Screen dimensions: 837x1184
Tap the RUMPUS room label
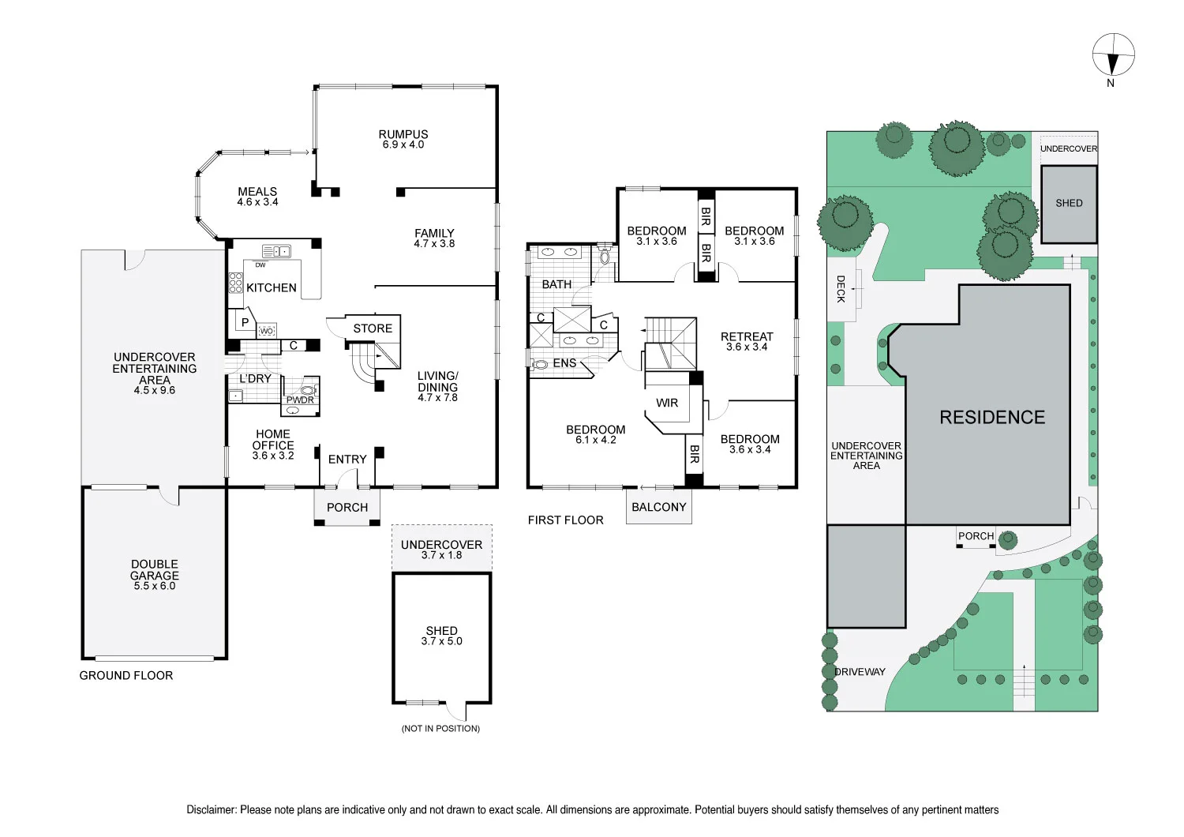403,135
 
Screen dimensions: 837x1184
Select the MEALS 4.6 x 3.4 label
257,197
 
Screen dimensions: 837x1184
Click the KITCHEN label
272,288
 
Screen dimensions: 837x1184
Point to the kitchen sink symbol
276,252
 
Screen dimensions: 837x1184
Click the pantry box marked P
245,322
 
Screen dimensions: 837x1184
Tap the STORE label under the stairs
373,328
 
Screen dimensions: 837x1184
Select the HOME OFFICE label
273,440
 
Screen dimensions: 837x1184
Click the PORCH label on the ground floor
347,508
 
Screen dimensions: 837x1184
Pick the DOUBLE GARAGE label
155,570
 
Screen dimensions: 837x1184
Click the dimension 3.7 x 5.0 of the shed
442,642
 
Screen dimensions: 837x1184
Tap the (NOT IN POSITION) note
440,729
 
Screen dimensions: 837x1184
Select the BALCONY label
659,508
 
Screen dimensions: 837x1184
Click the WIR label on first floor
667,403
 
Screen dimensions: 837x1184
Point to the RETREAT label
747,336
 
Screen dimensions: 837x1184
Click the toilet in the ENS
541,365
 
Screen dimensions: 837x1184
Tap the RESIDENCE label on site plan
992,418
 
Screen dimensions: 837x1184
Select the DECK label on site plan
841,289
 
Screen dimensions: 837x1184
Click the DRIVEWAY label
860,672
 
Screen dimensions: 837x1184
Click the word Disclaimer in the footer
212,810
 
